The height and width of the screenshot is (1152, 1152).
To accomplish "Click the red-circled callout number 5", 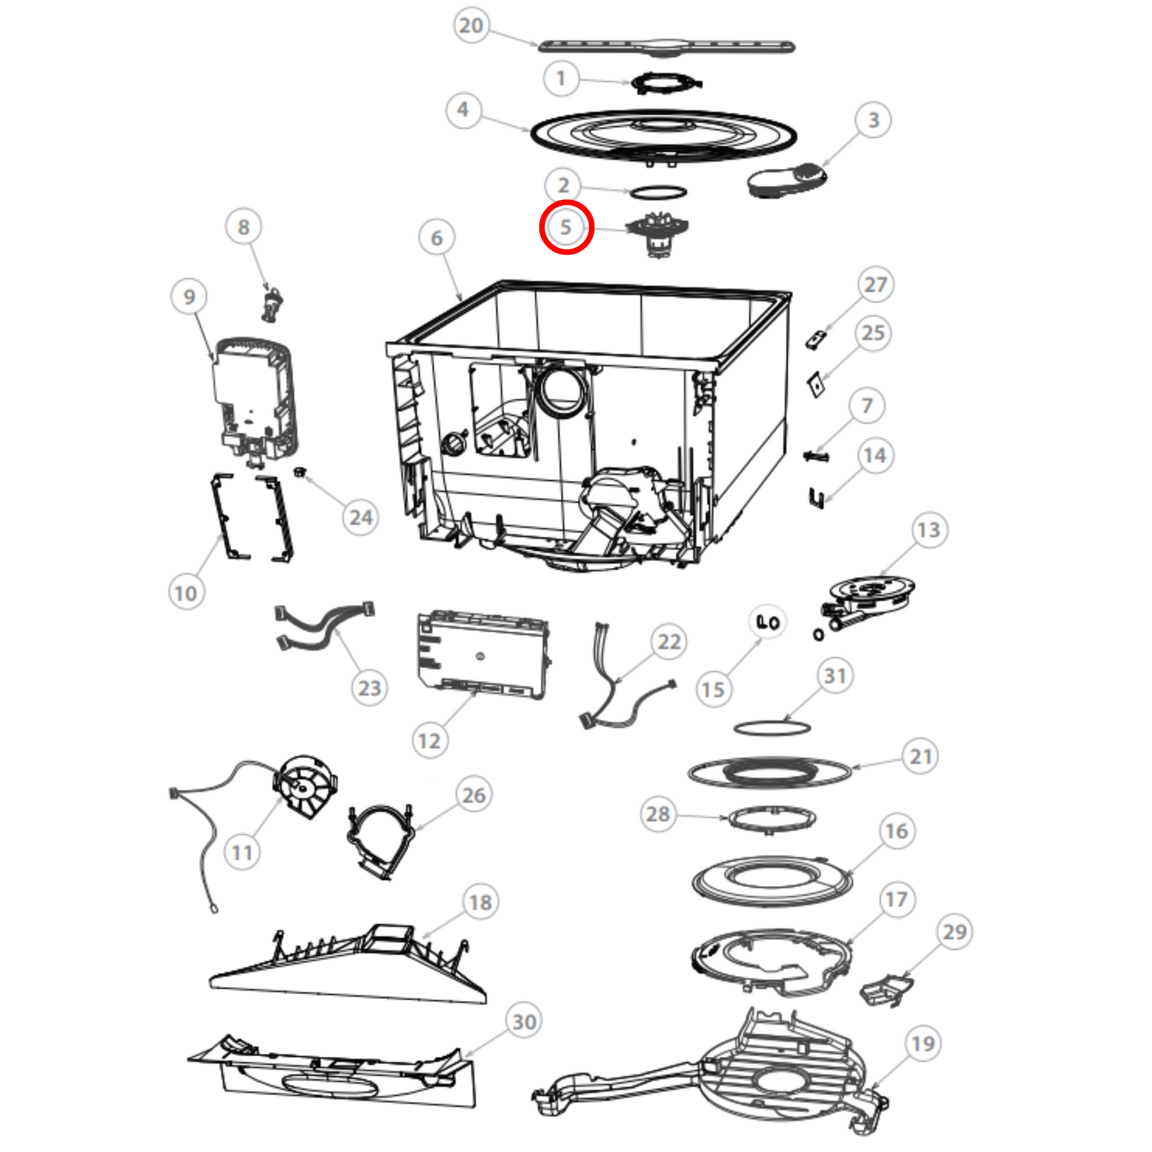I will (x=565, y=227).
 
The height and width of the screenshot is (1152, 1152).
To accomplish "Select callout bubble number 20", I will (x=471, y=25).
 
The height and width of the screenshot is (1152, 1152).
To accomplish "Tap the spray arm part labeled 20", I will (x=667, y=47).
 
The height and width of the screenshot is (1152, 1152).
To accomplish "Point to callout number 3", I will (x=873, y=120).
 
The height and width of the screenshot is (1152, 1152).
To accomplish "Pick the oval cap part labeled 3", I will (x=787, y=181).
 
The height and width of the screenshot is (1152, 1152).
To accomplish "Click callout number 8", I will (x=243, y=227).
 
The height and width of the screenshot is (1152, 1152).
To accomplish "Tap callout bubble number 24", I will (x=361, y=517).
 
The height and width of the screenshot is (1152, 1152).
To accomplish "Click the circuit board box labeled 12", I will (x=482, y=655).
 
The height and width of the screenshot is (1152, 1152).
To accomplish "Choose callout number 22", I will (x=669, y=642).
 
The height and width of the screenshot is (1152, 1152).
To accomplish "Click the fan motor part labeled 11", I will (x=304, y=786).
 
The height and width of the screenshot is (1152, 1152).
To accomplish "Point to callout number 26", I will (x=474, y=795).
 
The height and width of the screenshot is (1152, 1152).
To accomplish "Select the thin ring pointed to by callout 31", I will (x=771, y=728).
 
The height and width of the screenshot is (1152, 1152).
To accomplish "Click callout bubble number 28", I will (x=658, y=814).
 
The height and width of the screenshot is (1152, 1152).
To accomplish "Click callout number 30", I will (x=524, y=1021).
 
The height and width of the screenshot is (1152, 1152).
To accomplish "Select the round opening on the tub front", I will (x=562, y=391).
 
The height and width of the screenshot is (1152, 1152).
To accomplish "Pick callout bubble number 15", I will (x=713, y=689).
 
